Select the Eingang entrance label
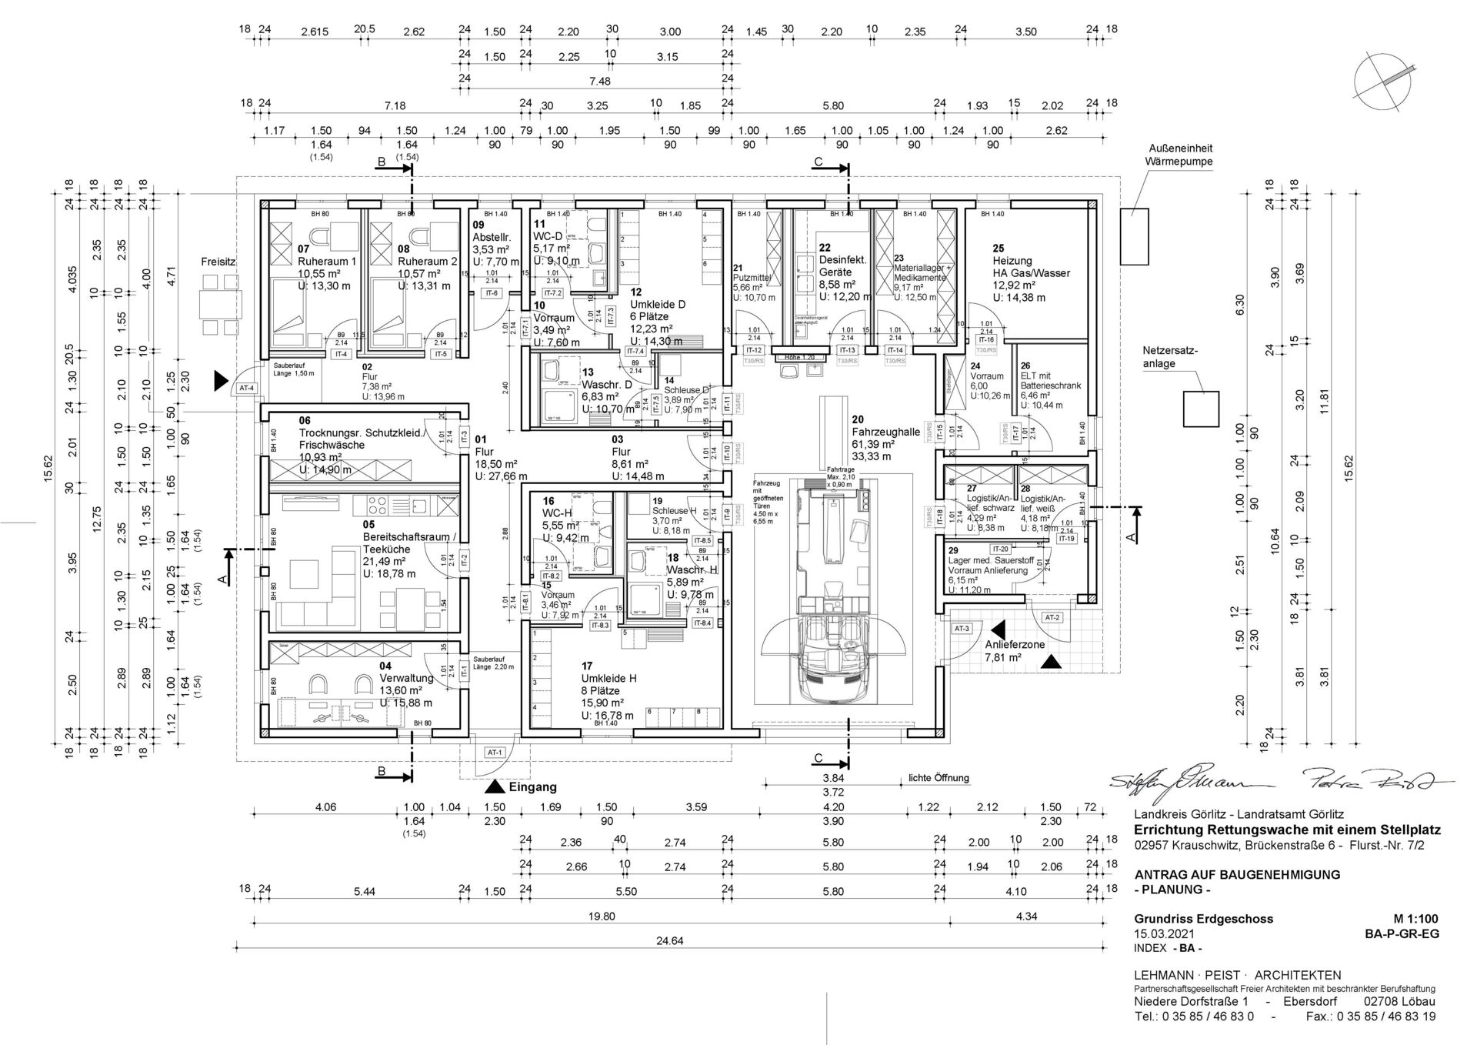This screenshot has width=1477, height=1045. tap(532, 787)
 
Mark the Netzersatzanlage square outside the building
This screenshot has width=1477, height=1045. tap(1200, 409)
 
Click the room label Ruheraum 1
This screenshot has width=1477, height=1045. tap(326, 262)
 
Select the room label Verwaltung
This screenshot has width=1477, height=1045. tap(406, 679)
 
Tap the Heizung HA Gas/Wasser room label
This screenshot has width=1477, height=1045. tap(1031, 272)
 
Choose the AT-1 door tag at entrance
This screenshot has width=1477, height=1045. tap(495, 752)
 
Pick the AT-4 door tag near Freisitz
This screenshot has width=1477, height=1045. tap(247, 388)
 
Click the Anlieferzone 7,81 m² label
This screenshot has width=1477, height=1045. tap(1014, 651)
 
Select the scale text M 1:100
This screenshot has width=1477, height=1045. tap(1415, 919)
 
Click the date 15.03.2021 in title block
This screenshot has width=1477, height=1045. tap(1165, 933)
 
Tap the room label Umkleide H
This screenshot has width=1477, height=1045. tap(608, 679)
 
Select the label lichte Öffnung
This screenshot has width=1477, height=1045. tap(938, 778)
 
